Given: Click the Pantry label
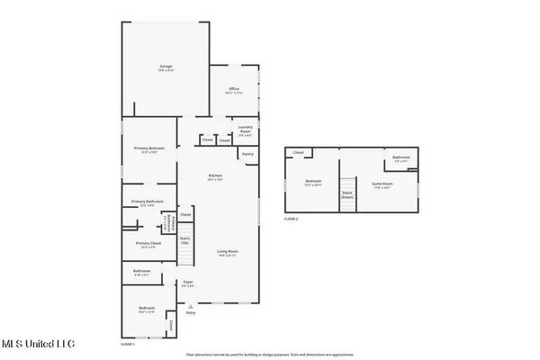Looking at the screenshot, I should coord(247,154).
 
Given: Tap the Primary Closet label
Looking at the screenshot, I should coord(144,244).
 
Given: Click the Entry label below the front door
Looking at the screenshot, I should coord(190,312).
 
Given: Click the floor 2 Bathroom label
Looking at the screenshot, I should coord(401,159).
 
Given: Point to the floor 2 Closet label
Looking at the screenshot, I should coord(298,153).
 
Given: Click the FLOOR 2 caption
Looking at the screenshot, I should coord(291,219).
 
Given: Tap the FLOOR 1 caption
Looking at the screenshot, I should coord(128,344).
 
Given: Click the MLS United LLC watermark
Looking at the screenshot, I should coord(39,343).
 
